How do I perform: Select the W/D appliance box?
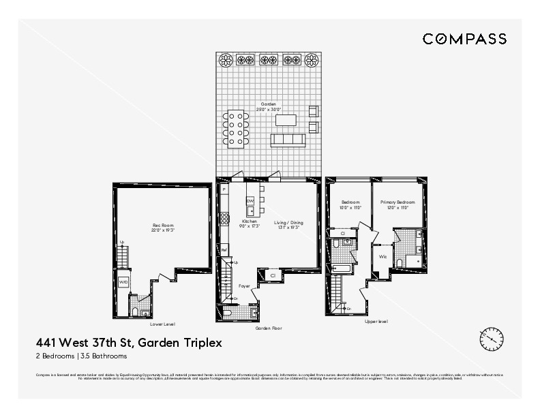click(123, 281)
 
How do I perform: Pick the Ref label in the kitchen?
click(224, 251)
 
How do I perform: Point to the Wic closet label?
click(383, 257)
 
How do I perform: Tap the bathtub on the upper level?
click(341, 270)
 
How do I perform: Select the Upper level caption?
click(376, 321)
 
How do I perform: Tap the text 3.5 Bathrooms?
click(104, 356)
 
